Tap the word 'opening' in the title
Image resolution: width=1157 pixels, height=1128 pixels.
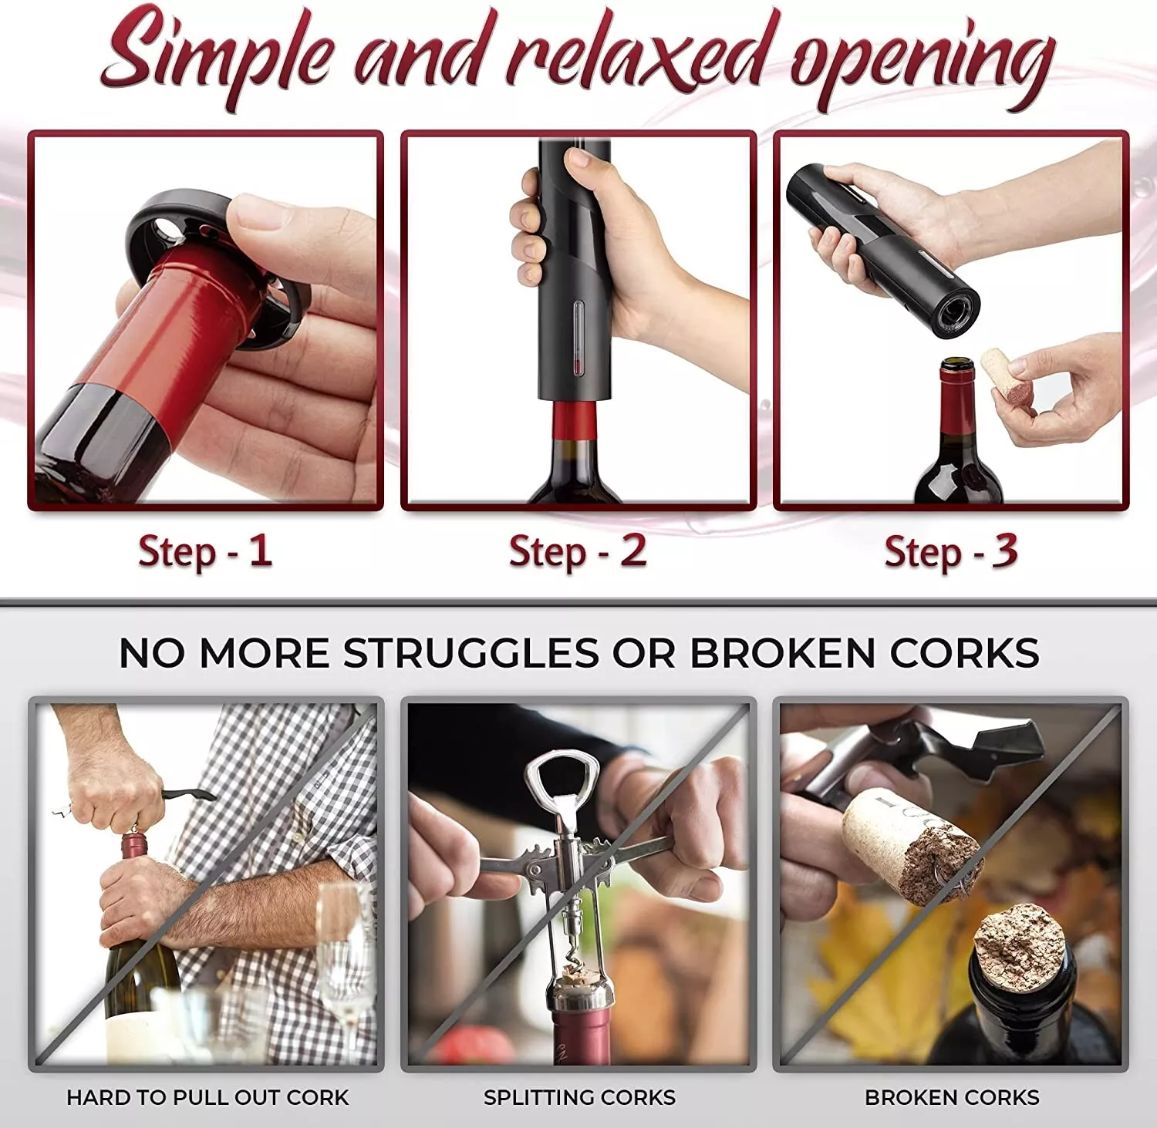click(922, 62)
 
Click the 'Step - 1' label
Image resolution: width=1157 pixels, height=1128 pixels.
click(205, 552)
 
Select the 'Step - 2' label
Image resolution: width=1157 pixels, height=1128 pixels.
click(578, 552)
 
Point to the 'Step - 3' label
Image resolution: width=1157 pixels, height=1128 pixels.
click(950, 552)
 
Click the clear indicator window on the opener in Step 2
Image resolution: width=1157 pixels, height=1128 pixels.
click(579, 339)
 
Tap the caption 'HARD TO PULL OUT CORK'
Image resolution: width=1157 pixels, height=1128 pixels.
click(207, 1097)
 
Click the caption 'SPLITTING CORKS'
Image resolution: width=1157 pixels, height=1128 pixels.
click(579, 1097)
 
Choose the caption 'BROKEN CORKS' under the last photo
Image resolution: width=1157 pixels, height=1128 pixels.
click(952, 1097)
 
